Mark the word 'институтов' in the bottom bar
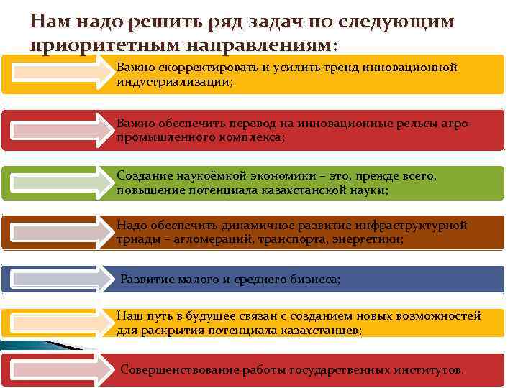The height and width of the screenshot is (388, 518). pos(429,370)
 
